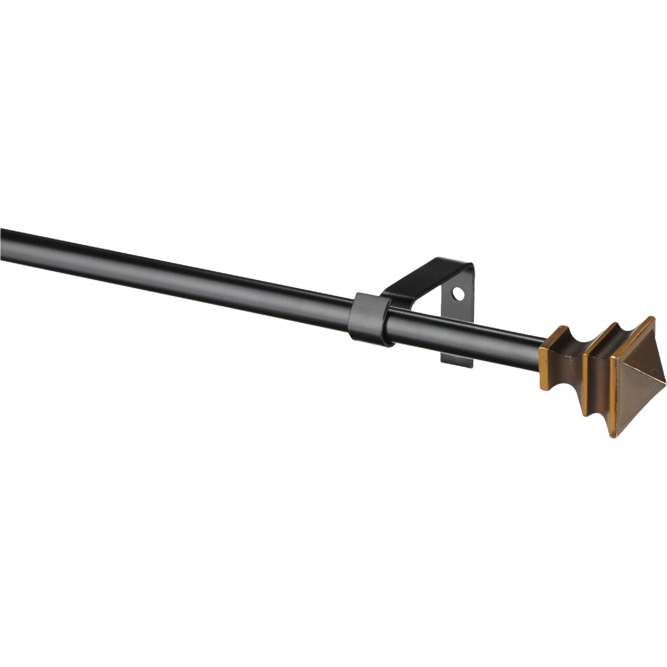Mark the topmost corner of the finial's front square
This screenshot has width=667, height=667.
point(654,317)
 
